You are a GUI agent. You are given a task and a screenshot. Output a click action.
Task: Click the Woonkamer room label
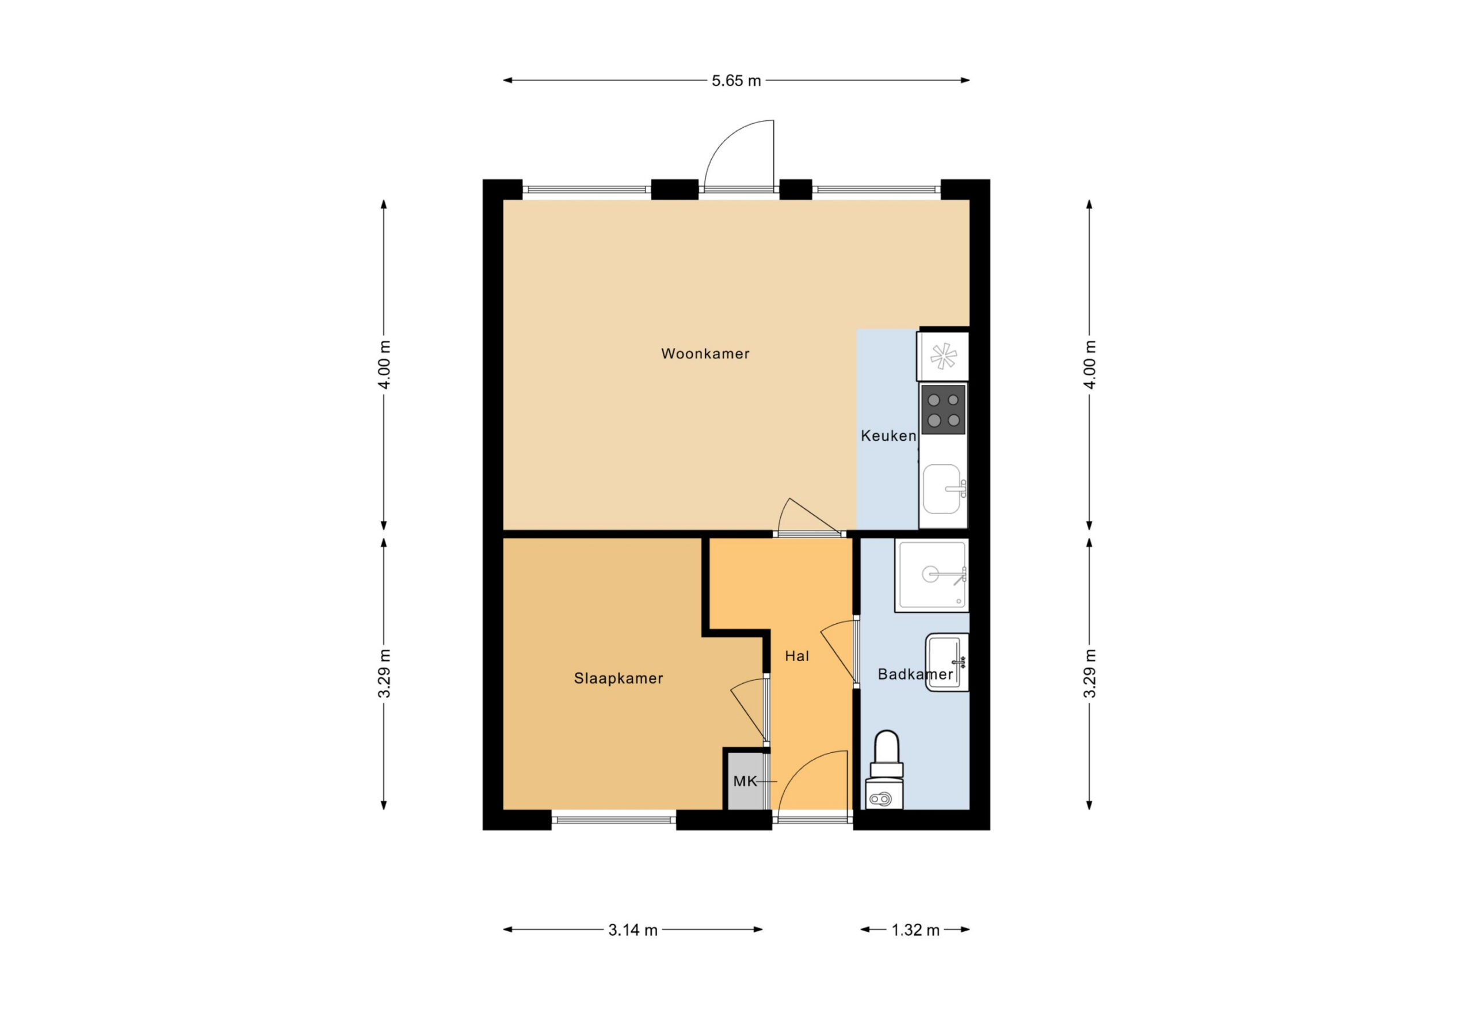click(705, 354)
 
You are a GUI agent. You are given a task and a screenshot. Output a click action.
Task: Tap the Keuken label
click(888, 436)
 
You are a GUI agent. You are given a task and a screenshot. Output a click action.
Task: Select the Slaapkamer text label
click(618, 679)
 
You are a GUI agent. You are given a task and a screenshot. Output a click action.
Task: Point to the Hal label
click(797, 656)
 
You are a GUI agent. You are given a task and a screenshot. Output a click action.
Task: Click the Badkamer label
click(915, 674)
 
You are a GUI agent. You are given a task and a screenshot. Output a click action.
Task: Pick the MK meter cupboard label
click(745, 781)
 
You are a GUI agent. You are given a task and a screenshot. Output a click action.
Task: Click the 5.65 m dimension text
click(736, 81)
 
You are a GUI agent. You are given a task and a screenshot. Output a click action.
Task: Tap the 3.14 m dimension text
click(632, 930)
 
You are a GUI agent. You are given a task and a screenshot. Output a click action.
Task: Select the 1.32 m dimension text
click(915, 930)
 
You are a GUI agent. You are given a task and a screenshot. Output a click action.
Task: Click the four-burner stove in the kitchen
click(943, 410)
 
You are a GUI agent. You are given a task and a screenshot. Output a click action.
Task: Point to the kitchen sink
click(943, 489)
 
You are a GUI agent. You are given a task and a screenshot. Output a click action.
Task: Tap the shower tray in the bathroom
click(932, 575)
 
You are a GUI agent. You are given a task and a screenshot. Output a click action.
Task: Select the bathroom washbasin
click(947, 662)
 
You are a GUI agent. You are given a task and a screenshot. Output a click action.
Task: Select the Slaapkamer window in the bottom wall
click(613, 820)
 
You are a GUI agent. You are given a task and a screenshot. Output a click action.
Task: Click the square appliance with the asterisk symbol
click(943, 356)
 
